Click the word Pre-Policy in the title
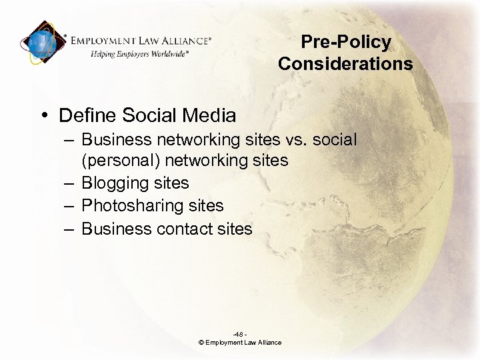345,42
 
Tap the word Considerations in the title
345,64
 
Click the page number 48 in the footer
239,334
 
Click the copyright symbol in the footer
201,343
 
